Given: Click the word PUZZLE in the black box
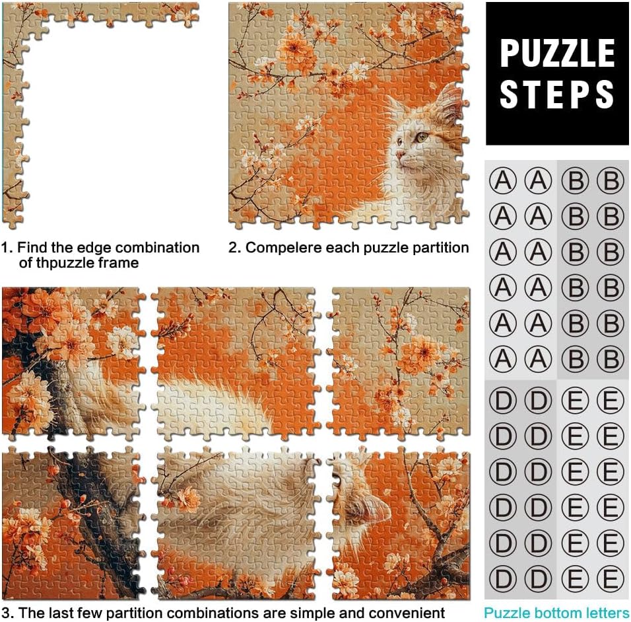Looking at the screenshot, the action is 557,54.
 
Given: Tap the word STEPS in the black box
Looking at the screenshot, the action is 557,94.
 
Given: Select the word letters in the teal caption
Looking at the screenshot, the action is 606,613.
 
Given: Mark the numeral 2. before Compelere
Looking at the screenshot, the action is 234,247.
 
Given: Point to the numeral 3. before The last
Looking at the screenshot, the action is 8,613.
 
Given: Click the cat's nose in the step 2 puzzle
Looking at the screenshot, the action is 400,155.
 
